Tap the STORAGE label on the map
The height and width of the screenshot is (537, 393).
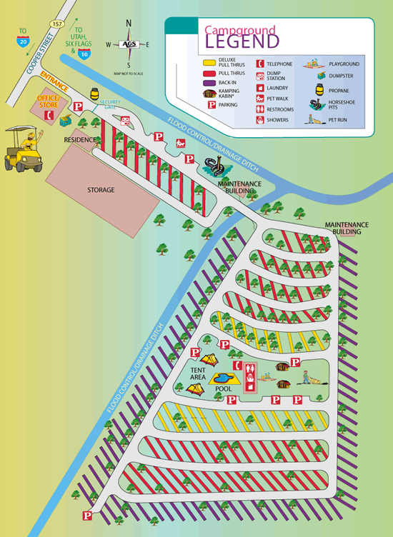click(x=101, y=190)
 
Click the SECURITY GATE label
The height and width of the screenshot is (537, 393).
click(x=111, y=104)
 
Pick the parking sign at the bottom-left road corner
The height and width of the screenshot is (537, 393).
click(x=87, y=515)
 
